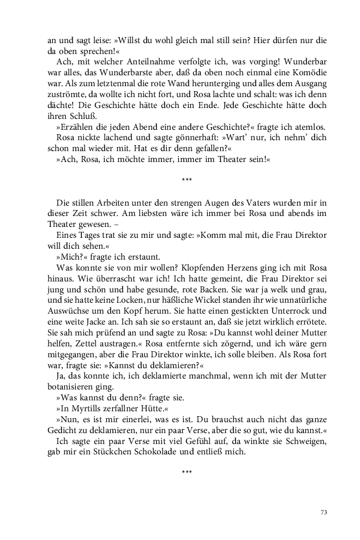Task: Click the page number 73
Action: (x=323, y=512)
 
